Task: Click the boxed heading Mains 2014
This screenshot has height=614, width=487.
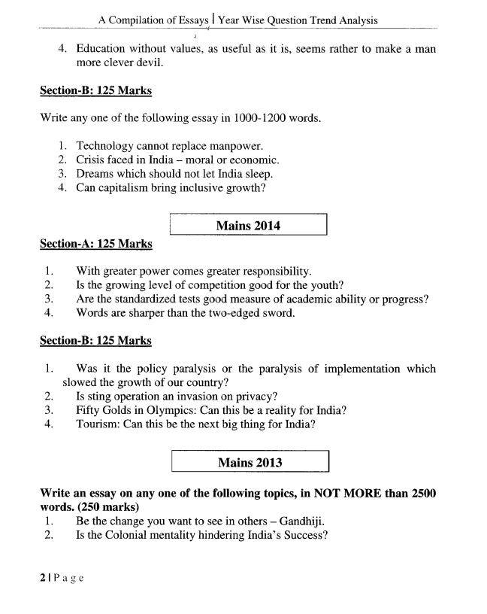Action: [x=248, y=225]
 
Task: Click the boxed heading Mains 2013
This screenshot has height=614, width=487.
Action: [x=250, y=462]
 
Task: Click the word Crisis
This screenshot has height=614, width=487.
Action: [x=92, y=160]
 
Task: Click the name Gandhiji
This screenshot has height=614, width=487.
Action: [x=302, y=521]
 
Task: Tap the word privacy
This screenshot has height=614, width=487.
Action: [x=255, y=396]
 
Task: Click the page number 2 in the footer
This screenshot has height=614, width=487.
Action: [x=43, y=579]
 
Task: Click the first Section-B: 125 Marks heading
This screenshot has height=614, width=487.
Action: [x=95, y=90]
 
